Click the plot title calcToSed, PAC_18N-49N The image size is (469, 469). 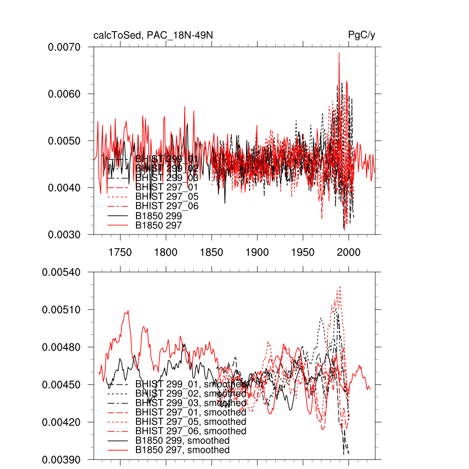(x=153, y=35)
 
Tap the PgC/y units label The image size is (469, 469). (x=362, y=35)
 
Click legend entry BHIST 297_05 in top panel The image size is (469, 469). (x=167, y=196)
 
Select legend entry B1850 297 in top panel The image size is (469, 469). (x=158, y=225)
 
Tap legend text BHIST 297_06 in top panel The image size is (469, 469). (x=167, y=206)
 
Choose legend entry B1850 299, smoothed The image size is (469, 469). (x=182, y=441)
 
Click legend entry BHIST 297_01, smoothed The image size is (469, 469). (x=191, y=412)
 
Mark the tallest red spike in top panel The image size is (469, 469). (x=339, y=53)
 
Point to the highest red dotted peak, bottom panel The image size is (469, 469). (x=340, y=287)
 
